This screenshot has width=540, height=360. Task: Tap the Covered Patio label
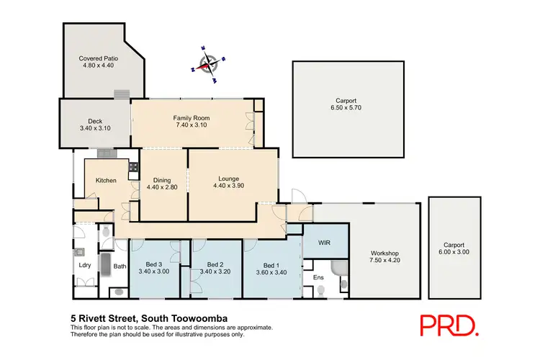coord(99,58)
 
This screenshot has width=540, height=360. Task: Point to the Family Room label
coord(191,118)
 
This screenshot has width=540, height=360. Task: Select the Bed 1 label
coord(270,265)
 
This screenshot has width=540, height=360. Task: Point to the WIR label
coord(324,243)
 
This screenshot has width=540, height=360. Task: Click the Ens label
coord(318,277)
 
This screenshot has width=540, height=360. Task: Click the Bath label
coord(120,266)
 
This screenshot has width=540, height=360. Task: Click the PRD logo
coord(450,325)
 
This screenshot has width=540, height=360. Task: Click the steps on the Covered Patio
coord(123,94)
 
